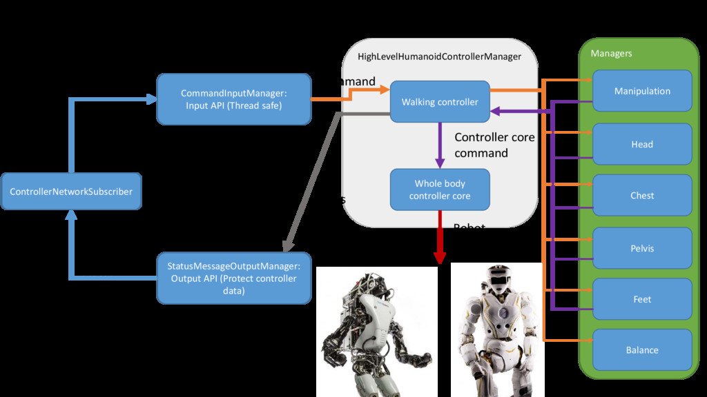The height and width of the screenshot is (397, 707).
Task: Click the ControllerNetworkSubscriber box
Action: [71, 192]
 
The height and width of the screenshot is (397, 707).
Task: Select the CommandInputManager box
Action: [233, 99]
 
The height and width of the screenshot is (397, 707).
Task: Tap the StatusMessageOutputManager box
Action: [233, 278]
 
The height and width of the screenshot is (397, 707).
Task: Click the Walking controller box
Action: [440, 102]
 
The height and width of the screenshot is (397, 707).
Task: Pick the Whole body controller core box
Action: [440, 190]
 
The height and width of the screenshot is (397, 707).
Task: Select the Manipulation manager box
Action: [642, 91]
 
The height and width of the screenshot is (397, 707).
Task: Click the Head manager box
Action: [642, 144]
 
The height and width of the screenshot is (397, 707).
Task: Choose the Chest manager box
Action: [642, 195]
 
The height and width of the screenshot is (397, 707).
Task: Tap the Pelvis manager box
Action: [642, 248]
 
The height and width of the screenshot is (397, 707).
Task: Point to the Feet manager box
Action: [642, 299]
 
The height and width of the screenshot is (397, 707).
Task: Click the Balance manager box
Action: [642, 350]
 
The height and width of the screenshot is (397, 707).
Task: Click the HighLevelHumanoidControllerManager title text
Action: [439, 57]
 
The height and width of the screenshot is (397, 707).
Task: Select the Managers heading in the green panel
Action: [611, 53]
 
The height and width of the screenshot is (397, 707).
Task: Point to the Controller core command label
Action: [494, 145]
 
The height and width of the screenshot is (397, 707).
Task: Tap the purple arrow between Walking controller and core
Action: [440, 145]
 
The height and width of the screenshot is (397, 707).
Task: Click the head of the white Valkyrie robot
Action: [495, 279]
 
